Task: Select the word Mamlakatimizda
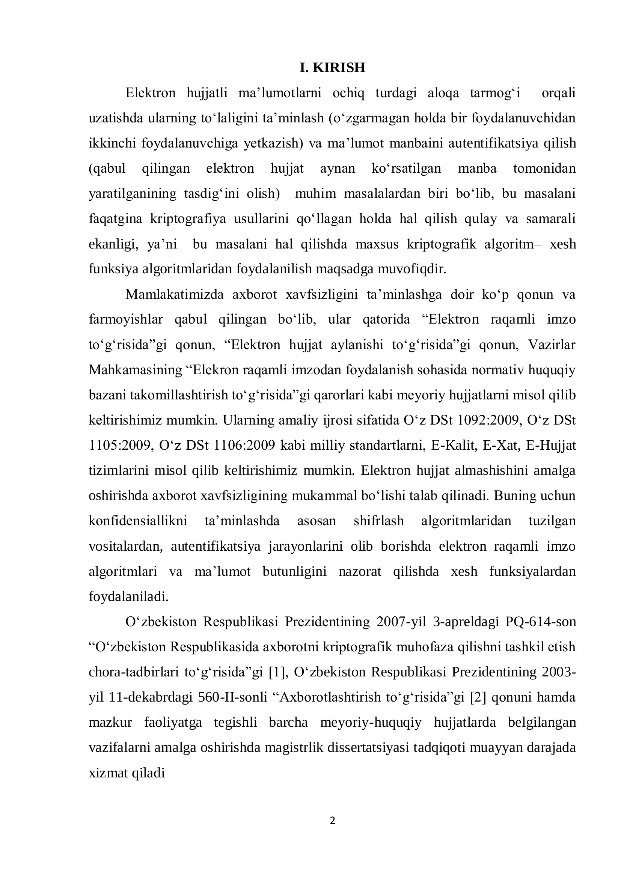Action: (x=174, y=294)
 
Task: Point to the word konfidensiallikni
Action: (x=138, y=521)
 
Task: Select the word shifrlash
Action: (x=378, y=521)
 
